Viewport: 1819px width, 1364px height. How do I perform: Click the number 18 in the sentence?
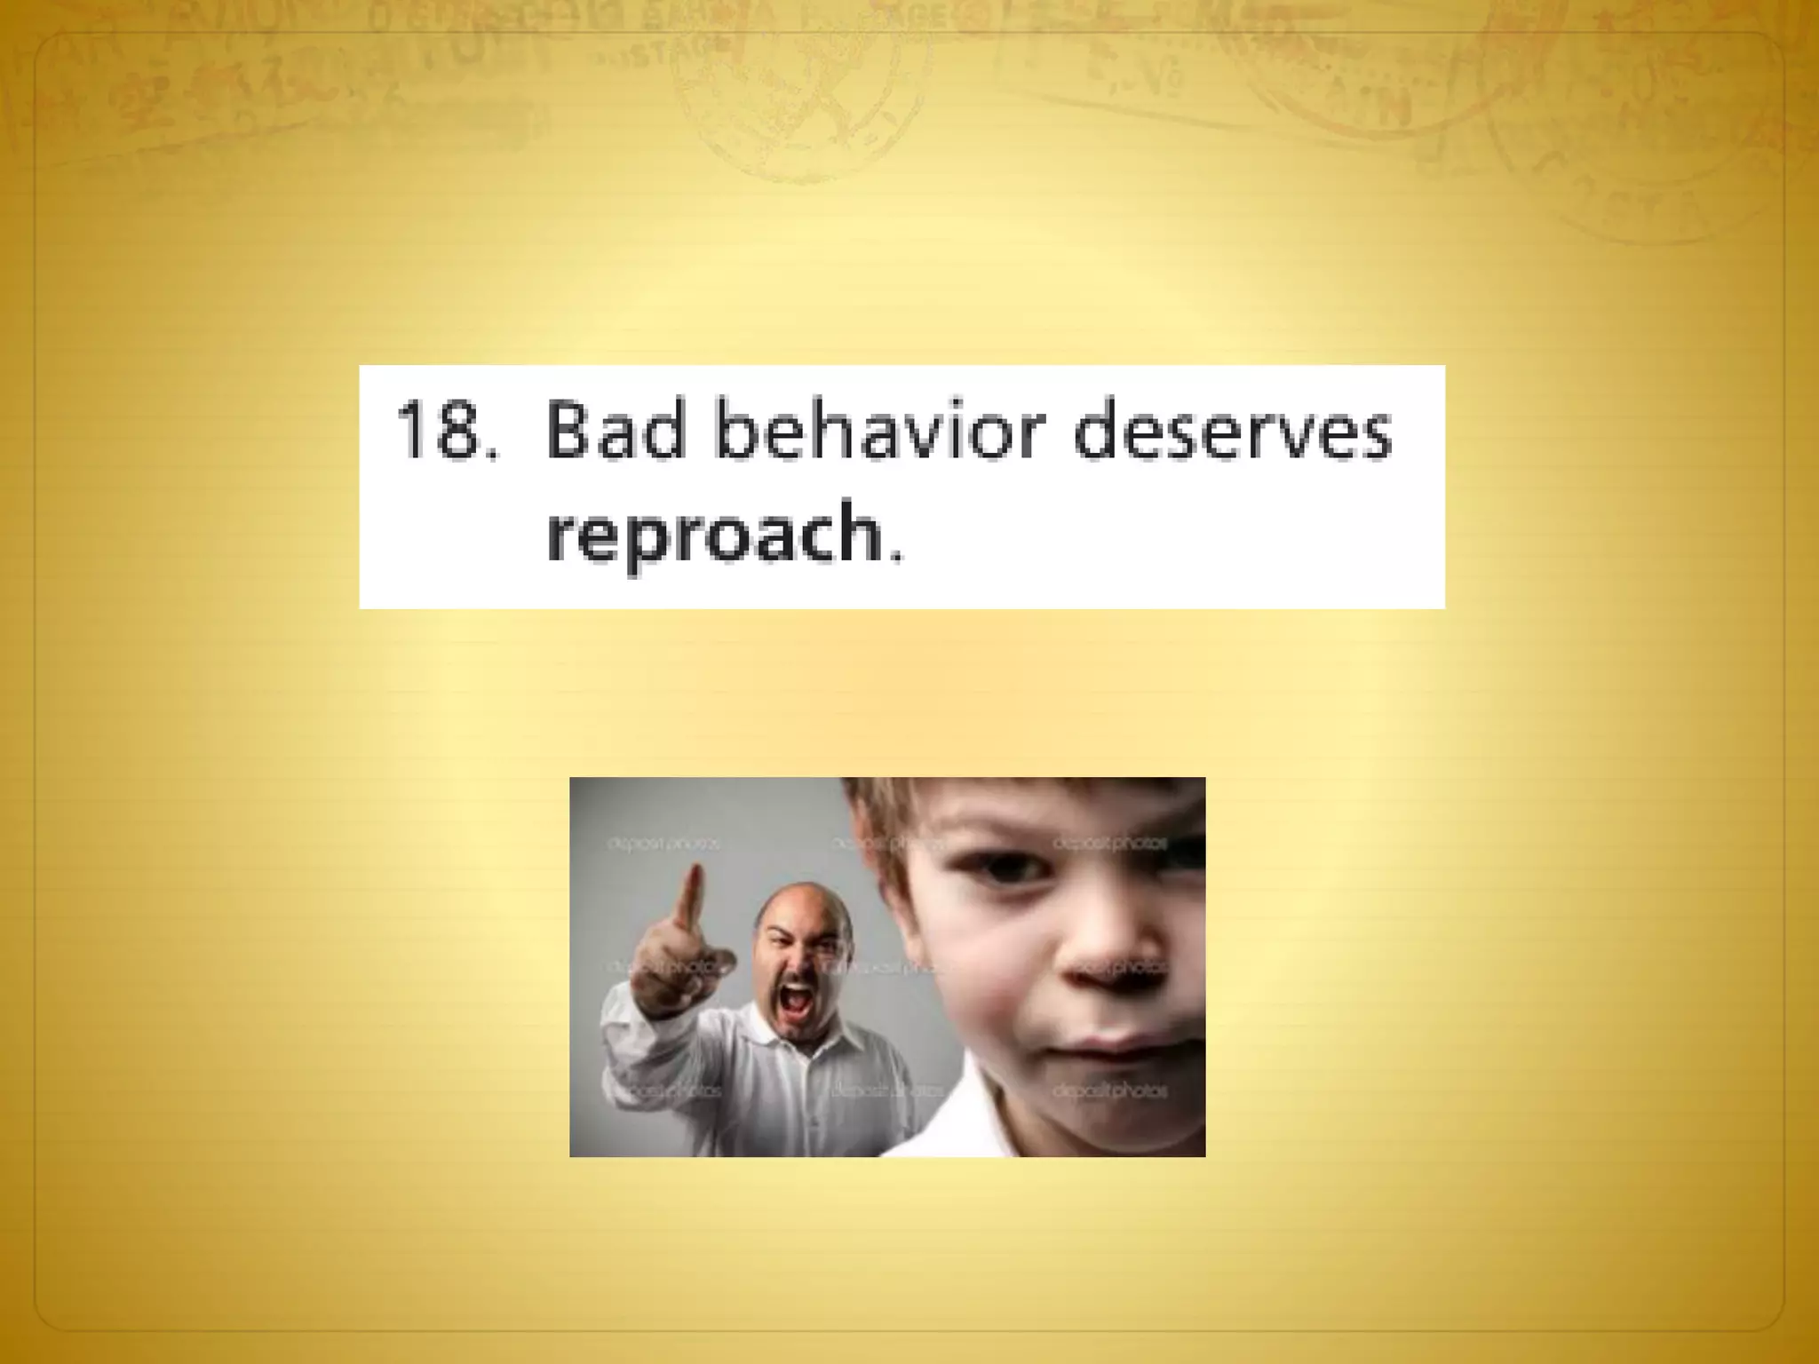[435, 431]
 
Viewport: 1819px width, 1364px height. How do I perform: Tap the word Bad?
[616, 431]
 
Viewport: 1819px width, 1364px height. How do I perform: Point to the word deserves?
[1233, 431]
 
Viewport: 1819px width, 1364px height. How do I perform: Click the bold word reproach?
[713, 533]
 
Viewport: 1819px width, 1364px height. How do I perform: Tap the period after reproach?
[895, 556]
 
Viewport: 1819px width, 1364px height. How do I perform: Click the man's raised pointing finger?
[689, 897]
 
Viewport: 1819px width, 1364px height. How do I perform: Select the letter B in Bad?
[568, 431]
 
